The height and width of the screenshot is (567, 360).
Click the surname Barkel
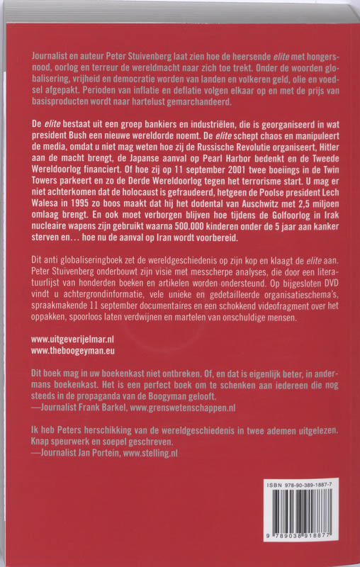click(x=111, y=429)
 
